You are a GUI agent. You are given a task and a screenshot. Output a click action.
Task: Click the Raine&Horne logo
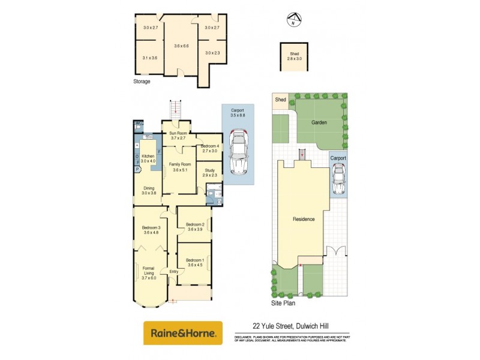pos(182,332)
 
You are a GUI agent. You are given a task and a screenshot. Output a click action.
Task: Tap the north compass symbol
pos(292,20)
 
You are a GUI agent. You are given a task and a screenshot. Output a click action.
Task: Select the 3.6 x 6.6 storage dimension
pos(181,46)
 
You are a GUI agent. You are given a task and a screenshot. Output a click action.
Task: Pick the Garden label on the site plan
pos(318,122)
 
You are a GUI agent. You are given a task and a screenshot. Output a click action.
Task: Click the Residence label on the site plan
pos(304,219)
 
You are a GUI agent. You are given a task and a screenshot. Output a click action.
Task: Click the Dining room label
pos(148,191)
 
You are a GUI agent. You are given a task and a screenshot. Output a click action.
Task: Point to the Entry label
pos(173,272)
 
